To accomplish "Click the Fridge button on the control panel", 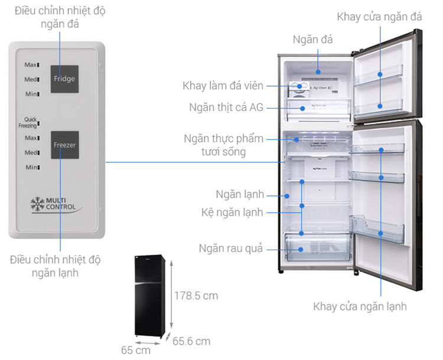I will [64, 78].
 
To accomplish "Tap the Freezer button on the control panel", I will [64, 145].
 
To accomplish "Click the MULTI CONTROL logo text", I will [61, 204].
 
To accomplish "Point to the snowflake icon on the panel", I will [37, 204].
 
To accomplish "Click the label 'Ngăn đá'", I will [313, 40].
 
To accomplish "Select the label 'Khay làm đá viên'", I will [223, 86].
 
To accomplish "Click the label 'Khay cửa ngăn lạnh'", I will [360, 307].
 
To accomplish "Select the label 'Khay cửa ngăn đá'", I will [379, 17].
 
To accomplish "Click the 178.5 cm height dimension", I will [196, 295].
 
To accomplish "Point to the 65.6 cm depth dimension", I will [191, 341].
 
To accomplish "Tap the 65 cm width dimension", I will [136, 350].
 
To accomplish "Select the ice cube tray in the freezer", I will [298, 89].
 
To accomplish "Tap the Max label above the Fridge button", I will [31, 64].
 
